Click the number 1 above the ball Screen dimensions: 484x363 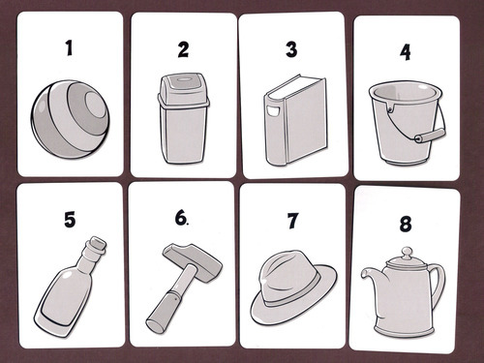[x=69, y=47]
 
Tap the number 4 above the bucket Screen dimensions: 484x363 [x=406, y=51]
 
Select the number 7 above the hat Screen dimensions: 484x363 [x=292, y=221]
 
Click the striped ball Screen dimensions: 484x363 [x=71, y=119]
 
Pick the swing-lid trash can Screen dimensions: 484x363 [x=183, y=118]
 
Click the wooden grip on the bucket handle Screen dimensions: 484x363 [x=430, y=135]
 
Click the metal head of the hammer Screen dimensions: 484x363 [x=193, y=260]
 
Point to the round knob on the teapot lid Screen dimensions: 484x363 [x=407, y=252]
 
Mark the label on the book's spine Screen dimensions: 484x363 [x=273, y=110]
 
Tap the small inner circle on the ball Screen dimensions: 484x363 [x=95, y=106]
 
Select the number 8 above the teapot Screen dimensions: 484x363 [x=406, y=224]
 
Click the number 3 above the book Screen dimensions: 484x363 [x=291, y=49]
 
